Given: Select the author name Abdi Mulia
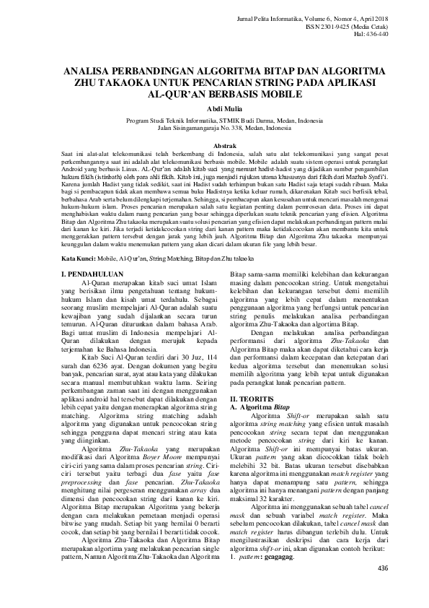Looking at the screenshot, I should (x=215, y=108).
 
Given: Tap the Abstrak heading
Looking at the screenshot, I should (x=215, y=146).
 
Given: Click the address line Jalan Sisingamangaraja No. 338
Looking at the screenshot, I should (x=215, y=127).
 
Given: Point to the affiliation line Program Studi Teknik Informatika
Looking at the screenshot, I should (x=215, y=120).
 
